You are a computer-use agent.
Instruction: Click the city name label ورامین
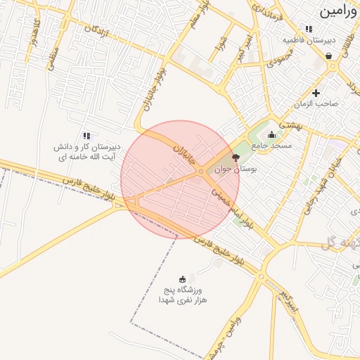(339, 11)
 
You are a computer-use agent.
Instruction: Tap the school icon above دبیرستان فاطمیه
(309, 29)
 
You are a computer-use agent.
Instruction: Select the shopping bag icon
(328, 56)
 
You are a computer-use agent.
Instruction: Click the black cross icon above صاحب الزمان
(316, 92)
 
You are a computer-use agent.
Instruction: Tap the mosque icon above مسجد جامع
(271, 134)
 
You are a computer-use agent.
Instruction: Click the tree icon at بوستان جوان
(235, 158)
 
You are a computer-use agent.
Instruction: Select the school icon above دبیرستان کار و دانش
(86, 136)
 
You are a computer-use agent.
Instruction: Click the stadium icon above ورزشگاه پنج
(184, 279)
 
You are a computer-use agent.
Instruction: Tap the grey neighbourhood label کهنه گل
(342, 243)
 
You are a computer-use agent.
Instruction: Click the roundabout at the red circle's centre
(202, 172)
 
